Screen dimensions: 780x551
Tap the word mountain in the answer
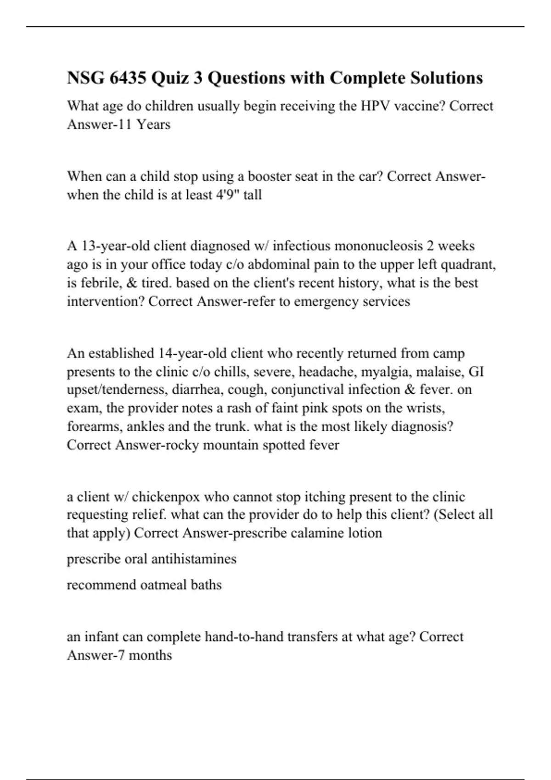[x=231, y=445]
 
